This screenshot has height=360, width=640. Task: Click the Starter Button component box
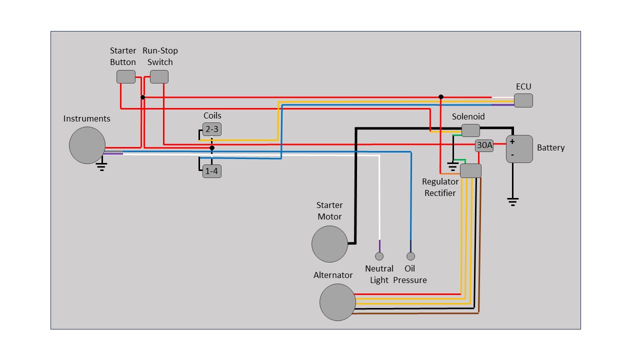(126, 76)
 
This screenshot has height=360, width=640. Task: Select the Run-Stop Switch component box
(159, 76)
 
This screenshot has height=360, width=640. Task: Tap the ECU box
(523, 100)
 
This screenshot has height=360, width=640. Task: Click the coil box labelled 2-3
(211, 129)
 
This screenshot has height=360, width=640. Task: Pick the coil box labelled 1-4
(211, 171)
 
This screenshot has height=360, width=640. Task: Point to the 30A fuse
(484, 145)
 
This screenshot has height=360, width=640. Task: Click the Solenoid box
(470, 130)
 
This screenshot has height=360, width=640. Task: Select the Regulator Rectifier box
(470, 171)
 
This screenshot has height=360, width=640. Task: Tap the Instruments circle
(87, 145)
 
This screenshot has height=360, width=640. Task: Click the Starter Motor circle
(329, 244)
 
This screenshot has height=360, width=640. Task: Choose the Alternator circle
(337, 302)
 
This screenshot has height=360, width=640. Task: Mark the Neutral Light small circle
(379, 256)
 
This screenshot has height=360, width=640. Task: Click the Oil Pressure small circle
(410, 256)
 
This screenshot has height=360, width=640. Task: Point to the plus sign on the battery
(512, 141)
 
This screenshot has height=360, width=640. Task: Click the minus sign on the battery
(512, 155)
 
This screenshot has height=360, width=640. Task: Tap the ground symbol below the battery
(512, 201)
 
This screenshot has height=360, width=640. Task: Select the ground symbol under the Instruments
(101, 166)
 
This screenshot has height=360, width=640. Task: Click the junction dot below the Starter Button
(142, 97)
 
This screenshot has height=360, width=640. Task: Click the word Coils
(212, 115)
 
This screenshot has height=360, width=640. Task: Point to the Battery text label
(550, 148)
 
